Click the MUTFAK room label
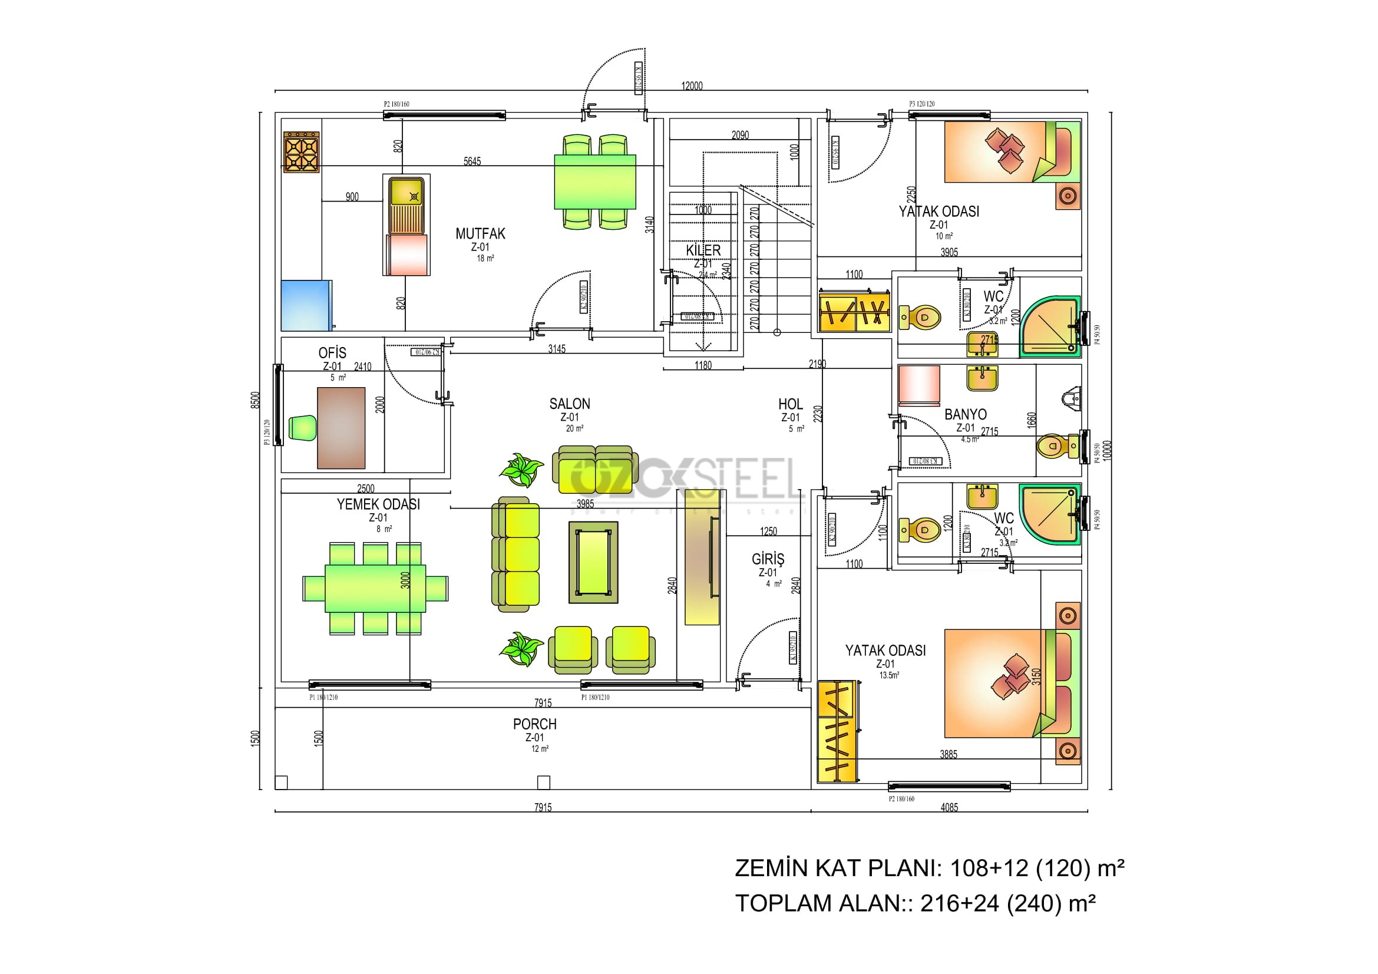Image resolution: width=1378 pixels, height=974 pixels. coord(480,233)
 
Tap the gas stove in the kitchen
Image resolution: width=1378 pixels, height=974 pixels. coord(301,153)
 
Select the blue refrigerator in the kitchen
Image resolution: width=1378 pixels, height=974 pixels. coord(306,305)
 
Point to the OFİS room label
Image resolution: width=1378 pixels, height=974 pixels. coord(332,353)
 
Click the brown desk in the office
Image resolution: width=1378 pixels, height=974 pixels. coord(341,428)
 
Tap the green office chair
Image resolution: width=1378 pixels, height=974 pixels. coord(302,428)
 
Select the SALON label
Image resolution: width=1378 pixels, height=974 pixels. coord(570,404)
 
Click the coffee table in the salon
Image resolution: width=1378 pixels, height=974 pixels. coord(593,562)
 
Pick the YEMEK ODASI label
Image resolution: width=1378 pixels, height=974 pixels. coord(378,504)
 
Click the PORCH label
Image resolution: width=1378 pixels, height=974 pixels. coord(534,724)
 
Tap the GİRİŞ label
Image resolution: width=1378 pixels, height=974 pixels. coord(768,559)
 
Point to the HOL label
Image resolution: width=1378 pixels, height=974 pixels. coord(790,404)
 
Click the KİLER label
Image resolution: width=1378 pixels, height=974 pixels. coord(703,250)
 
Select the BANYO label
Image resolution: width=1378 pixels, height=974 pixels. coord(965,415)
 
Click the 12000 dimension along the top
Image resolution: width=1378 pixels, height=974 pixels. coord(692,86)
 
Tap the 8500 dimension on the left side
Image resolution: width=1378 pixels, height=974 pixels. coord(256,399)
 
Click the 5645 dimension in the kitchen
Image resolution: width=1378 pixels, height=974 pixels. coord(472,161)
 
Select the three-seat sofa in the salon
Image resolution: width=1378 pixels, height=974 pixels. coord(515,554)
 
